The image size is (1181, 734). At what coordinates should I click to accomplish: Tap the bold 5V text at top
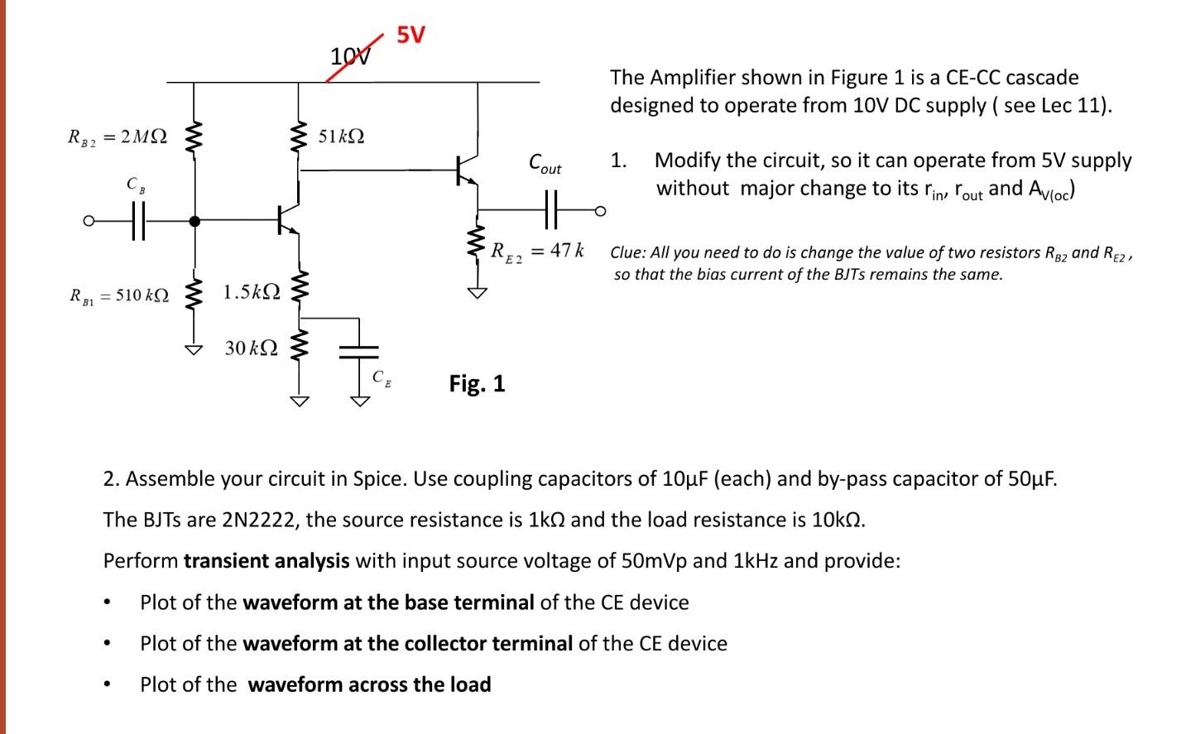[410, 35]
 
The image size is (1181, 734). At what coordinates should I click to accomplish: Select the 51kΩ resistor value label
[341, 136]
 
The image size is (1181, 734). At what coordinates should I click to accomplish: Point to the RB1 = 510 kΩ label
[120, 295]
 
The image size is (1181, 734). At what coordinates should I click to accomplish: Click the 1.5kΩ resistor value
[252, 292]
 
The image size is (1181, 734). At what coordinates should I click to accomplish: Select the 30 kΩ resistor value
[252, 348]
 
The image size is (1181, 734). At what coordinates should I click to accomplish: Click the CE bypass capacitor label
[382, 379]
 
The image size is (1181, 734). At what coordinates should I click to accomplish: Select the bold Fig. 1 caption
[477, 383]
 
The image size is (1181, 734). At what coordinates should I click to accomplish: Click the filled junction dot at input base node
[194, 221]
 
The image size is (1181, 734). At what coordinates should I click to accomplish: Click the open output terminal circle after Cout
[600, 210]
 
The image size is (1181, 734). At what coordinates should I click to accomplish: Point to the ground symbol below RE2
[478, 292]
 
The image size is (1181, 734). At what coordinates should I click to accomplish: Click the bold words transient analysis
[266, 561]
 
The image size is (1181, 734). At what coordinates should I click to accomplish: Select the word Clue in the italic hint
[627, 253]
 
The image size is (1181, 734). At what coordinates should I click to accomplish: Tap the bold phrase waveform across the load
[369, 684]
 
